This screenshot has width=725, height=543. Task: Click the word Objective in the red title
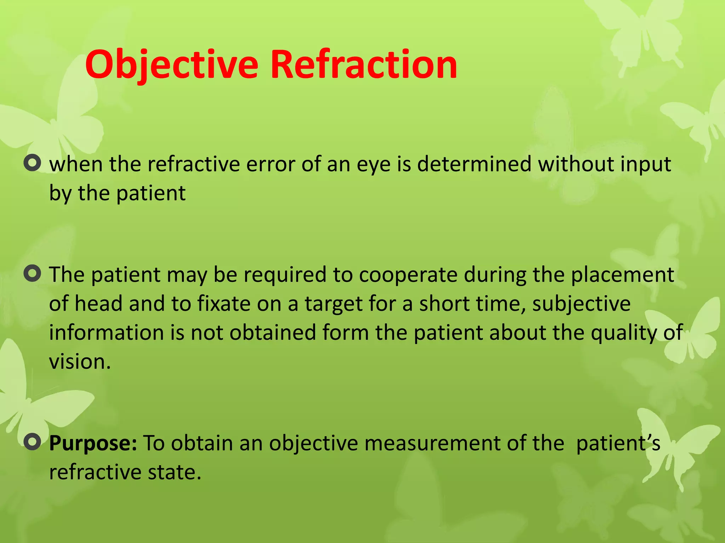[172, 65]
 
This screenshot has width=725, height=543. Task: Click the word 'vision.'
[80, 362]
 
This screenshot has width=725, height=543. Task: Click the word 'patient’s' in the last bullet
[618, 443]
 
